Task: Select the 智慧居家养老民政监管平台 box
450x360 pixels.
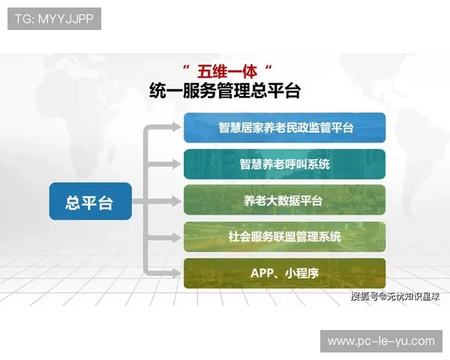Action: (285, 127)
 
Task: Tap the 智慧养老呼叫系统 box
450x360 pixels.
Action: (285, 164)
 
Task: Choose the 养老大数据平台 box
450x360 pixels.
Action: (285, 200)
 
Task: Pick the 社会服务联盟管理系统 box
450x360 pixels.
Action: (285, 236)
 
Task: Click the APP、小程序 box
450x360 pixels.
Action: (285, 273)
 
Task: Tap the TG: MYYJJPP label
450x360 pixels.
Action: (54, 19)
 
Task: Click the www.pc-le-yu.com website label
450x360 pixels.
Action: (381, 341)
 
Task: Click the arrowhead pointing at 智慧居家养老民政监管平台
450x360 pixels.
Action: (177, 127)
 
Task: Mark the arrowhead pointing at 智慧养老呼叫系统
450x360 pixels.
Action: (177, 164)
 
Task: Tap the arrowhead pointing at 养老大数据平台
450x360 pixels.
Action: (177, 200)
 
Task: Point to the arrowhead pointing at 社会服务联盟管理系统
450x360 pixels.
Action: (177, 236)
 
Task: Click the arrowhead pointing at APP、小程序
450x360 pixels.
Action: (177, 273)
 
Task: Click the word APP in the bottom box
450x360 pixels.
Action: (262, 273)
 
